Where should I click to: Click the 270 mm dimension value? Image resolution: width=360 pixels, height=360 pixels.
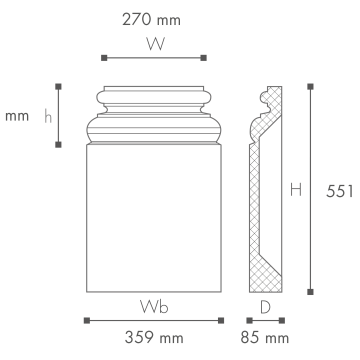(x=151, y=20)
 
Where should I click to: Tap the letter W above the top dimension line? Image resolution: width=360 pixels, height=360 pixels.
(x=155, y=44)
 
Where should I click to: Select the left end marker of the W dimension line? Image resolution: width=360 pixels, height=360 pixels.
(x=104, y=58)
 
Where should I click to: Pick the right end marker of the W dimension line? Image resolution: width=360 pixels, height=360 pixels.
(x=204, y=58)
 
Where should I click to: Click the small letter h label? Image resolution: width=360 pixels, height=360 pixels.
(x=48, y=116)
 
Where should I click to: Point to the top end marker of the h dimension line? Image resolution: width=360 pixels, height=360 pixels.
(x=58, y=87)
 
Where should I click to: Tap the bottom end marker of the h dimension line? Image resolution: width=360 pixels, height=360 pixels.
(x=58, y=145)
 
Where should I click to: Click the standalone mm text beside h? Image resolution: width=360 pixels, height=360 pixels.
(x=17, y=117)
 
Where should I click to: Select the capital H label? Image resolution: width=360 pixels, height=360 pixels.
(x=296, y=190)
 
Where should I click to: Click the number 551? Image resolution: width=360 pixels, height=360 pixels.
(x=339, y=191)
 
